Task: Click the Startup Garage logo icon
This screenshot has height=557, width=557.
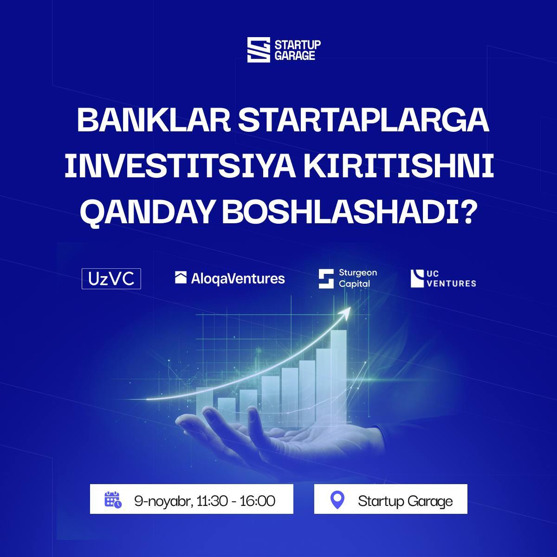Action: pyautogui.click(x=259, y=50)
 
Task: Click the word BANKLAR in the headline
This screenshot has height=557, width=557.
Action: pyautogui.click(x=154, y=120)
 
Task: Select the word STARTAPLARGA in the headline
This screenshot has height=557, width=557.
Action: pyautogui.click(x=363, y=120)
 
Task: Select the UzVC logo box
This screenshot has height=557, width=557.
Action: pyautogui.click(x=111, y=278)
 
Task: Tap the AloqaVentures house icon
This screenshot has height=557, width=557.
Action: pyautogui.click(x=181, y=278)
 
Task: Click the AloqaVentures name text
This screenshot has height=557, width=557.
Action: pyautogui.click(x=238, y=278)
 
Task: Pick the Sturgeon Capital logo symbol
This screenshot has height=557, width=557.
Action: pyautogui.click(x=326, y=278)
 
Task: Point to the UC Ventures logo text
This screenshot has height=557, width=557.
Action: pyautogui.click(x=451, y=278)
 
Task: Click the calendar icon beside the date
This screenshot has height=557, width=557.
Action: pyautogui.click(x=113, y=499)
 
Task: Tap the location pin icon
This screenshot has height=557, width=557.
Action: pyautogui.click(x=337, y=500)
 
